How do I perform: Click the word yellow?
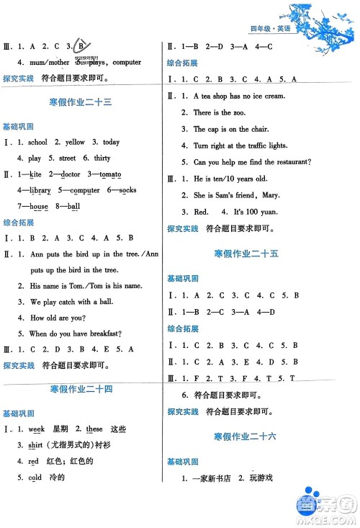tap(75, 142)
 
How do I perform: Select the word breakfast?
tap(105, 333)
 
